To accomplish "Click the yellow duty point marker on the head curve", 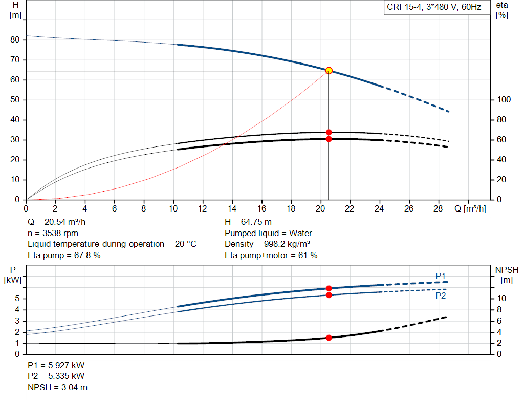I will tap(329, 70).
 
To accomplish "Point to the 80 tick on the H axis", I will tap(15, 40).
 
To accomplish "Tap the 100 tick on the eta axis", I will tap(502, 100).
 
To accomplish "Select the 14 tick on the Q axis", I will tap(232, 209).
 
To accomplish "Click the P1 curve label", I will tap(441, 276).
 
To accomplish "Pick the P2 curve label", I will tap(441, 296).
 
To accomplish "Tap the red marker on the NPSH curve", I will tap(329, 338).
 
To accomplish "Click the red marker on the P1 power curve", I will tap(329, 288).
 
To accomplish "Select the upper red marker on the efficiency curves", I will tap(329, 132).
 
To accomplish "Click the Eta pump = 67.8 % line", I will tap(64, 255).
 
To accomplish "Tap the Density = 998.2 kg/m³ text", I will tap(267, 244).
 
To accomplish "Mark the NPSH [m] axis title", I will tap(507, 275).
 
